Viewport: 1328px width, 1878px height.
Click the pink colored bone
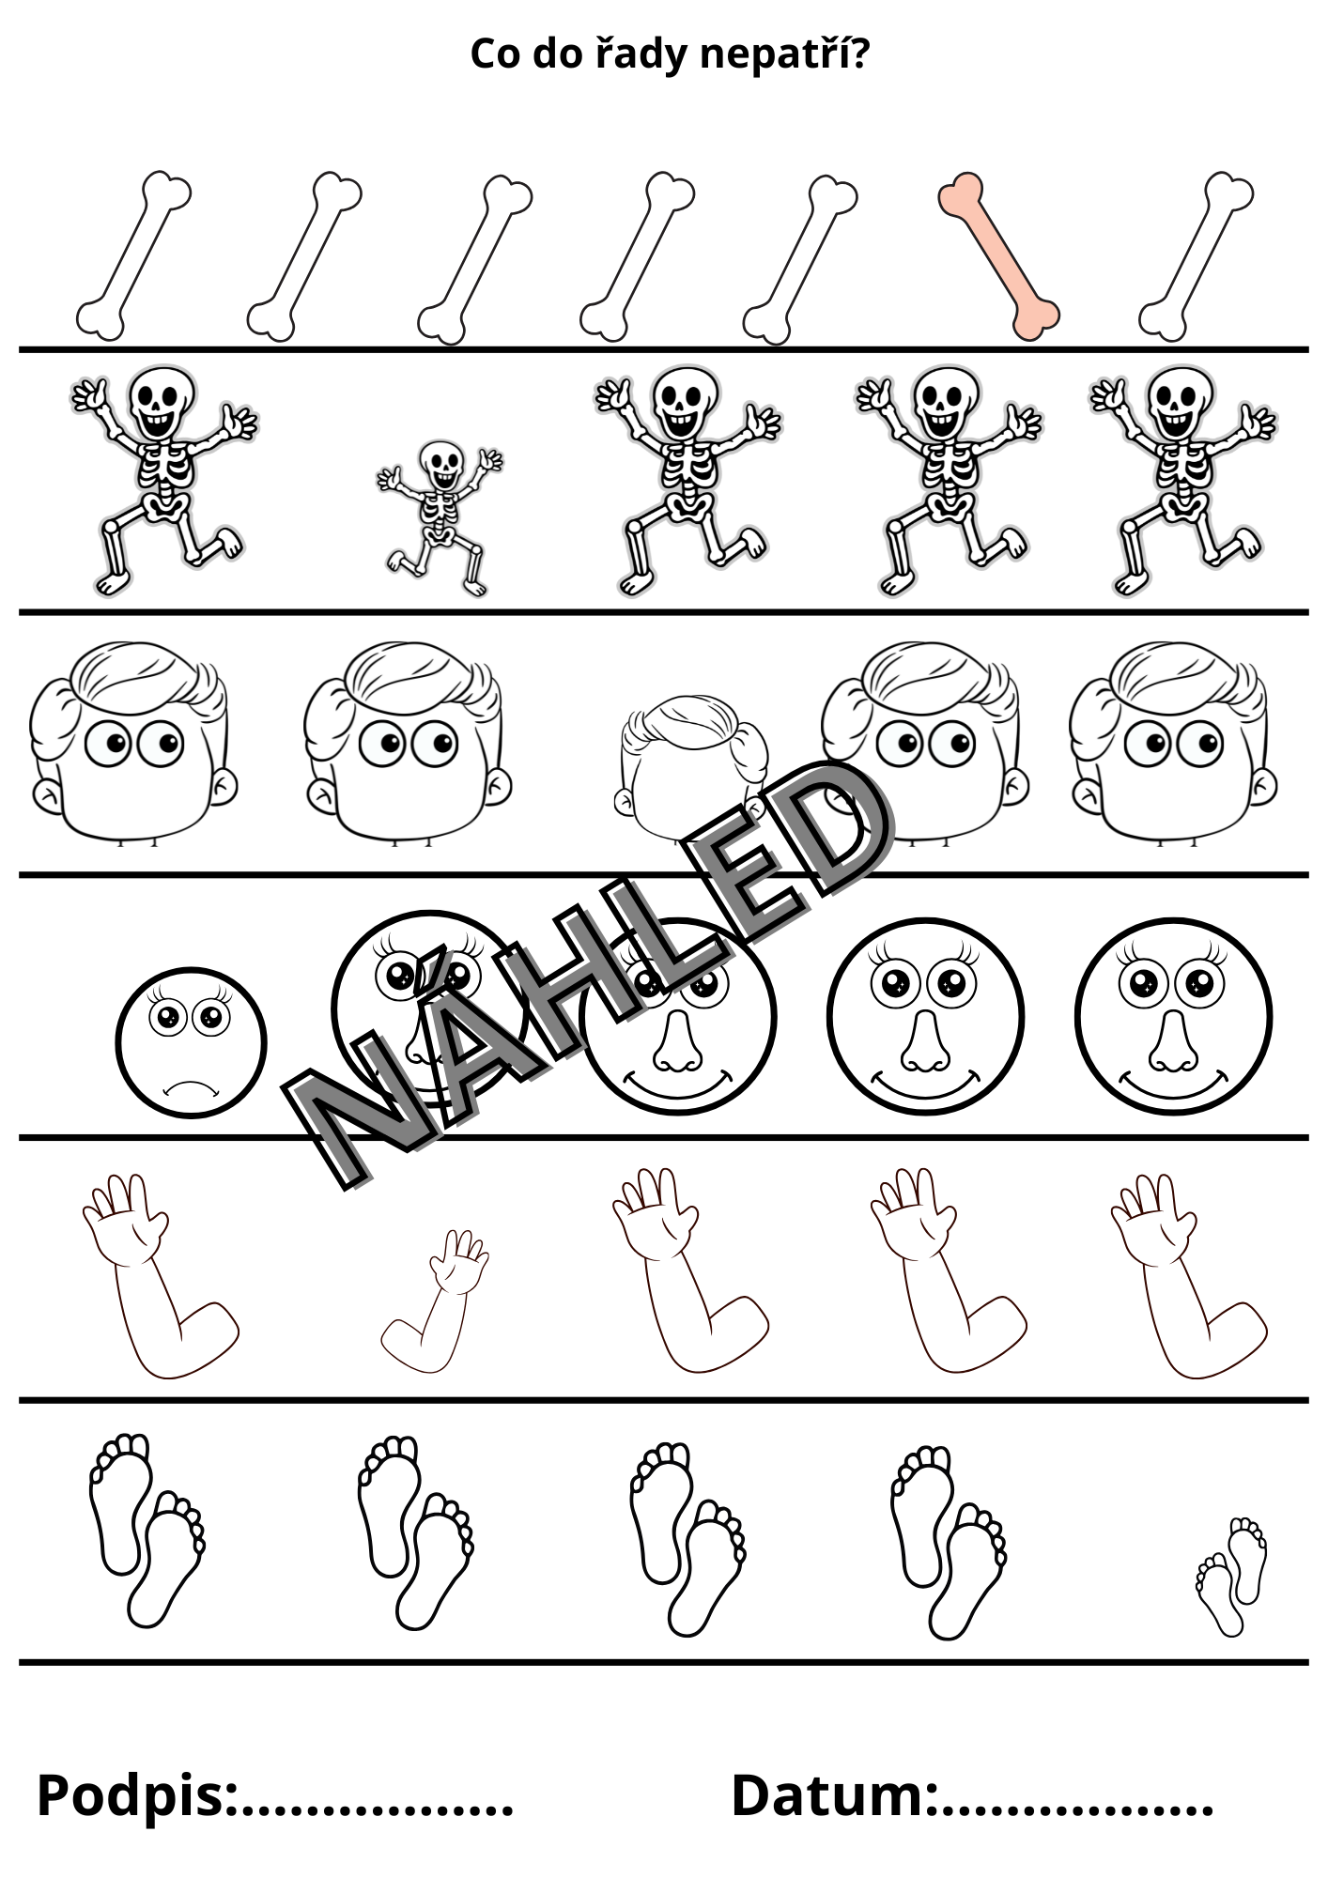tap(999, 255)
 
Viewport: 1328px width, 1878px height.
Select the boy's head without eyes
tap(692, 765)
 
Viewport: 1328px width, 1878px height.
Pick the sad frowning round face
tap(191, 1042)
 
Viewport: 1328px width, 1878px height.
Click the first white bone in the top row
tap(133, 255)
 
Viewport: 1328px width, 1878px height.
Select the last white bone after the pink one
tap(1197, 255)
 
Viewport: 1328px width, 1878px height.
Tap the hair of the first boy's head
tap(141, 671)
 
